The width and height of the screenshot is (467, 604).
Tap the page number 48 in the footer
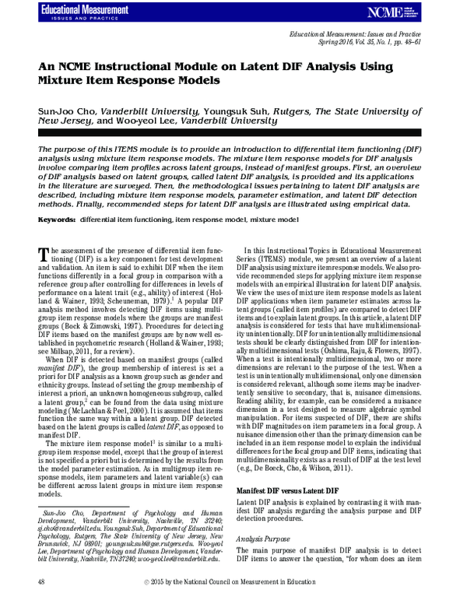pyautogui.click(x=41, y=582)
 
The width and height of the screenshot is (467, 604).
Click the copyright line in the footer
pyautogui.click(x=233, y=582)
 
